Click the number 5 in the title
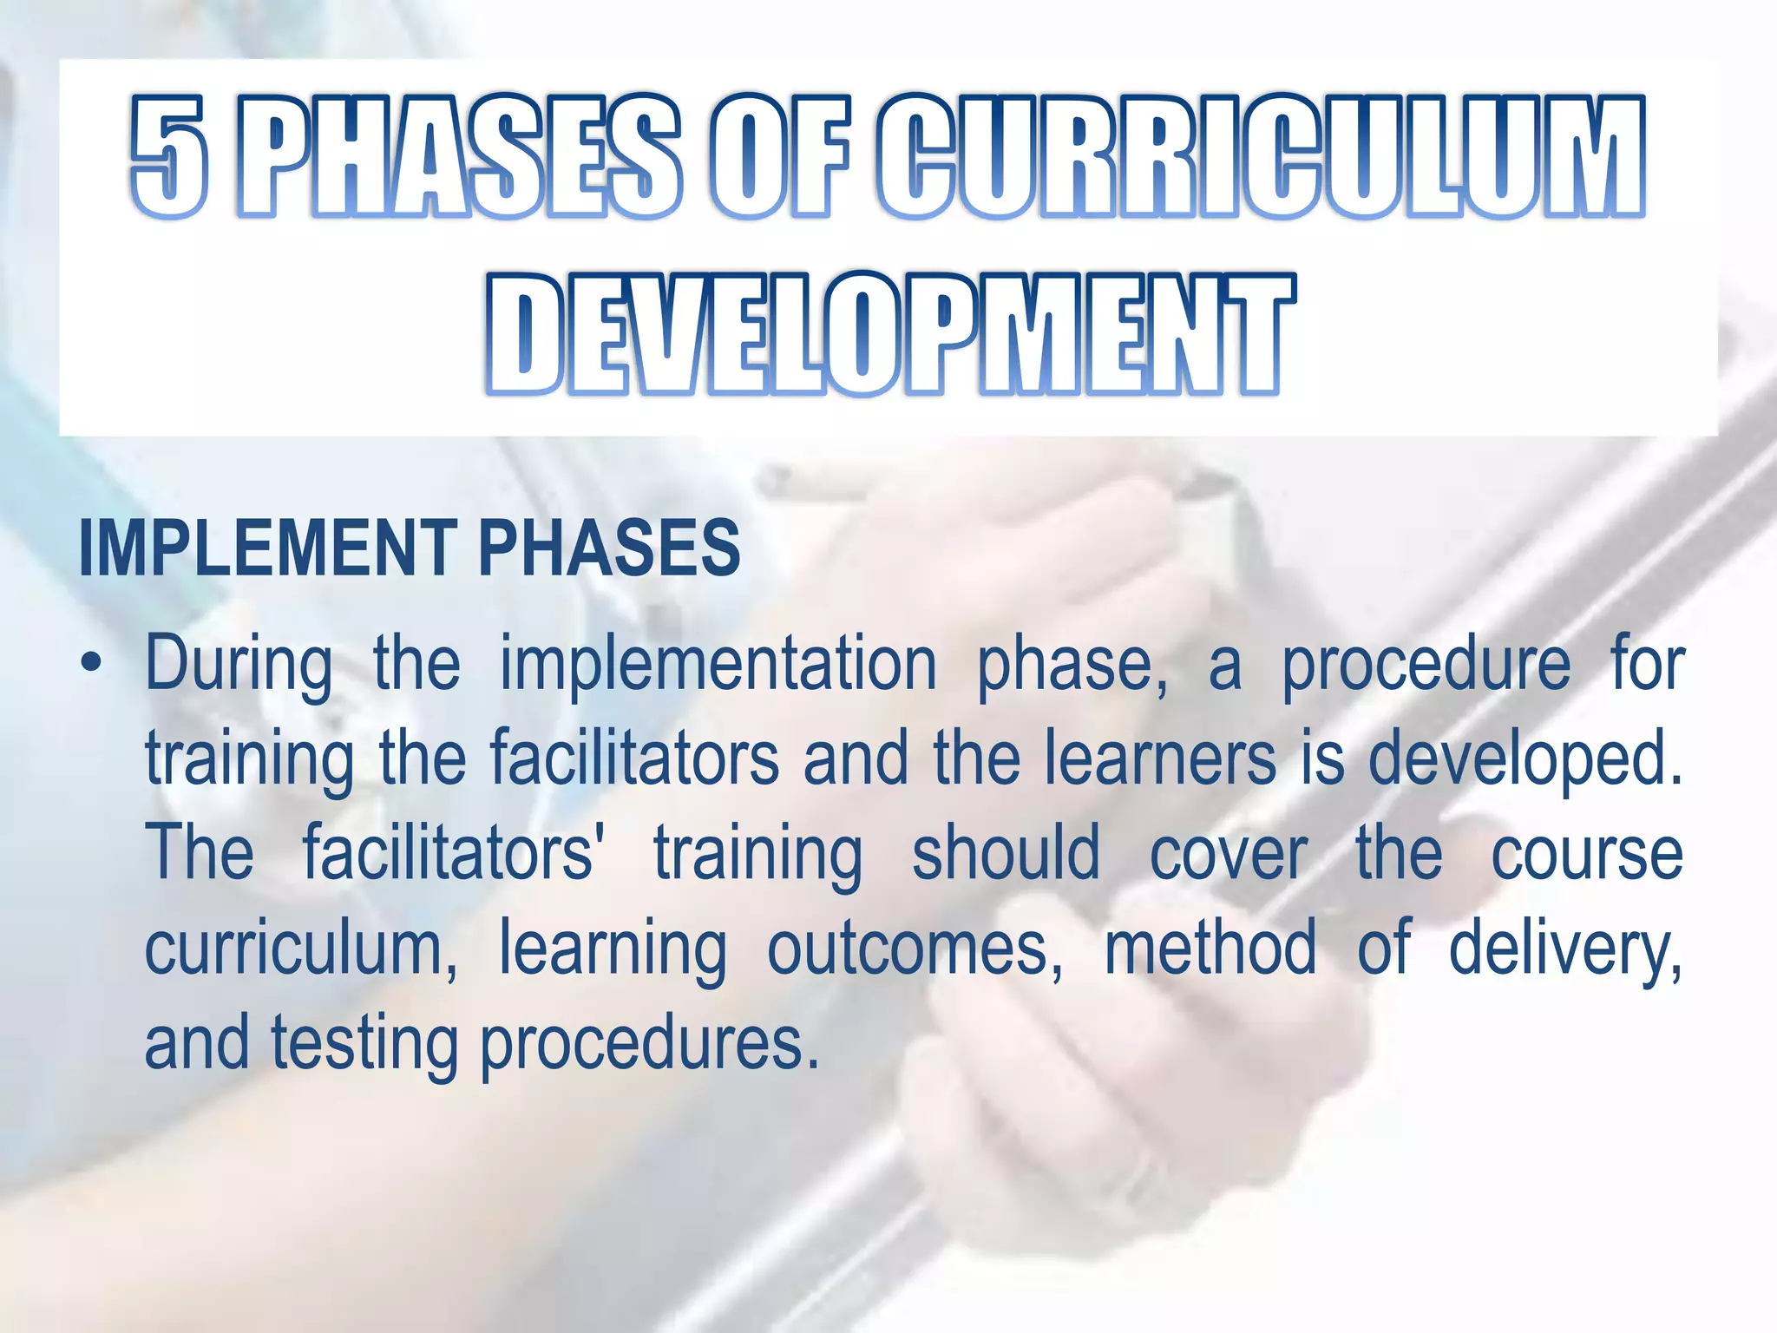click(170, 156)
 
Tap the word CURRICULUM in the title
click(1259, 156)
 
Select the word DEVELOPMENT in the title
click(890, 335)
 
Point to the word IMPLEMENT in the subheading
click(268, 548)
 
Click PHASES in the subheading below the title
click(609, 548)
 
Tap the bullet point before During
click(90, 666)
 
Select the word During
click(239, 666)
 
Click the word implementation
click(718, 664)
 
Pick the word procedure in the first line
click(1426, 666)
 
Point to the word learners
click(1160, 758)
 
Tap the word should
click(1006, 853)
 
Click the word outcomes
click(915, 949)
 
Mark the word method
click(1210, 949)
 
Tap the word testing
click(364, 1044)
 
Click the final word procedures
click(649, 1044)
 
